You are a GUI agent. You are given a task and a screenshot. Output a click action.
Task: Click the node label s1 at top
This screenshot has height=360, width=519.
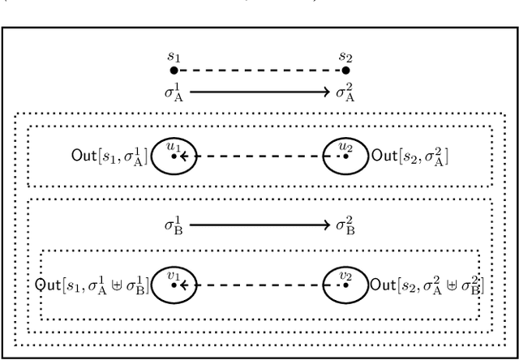pos(173,56)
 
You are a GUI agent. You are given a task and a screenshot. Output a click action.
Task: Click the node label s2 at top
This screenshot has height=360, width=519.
pos(346,56)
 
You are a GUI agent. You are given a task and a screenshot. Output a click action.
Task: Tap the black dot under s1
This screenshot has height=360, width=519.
pos(173,71)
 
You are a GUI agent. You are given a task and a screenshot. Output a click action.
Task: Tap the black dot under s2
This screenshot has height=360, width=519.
pos(346,71)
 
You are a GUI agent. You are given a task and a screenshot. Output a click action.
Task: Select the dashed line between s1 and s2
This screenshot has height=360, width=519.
pos(259,71)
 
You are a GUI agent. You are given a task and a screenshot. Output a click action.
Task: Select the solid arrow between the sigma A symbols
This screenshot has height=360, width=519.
pos(259,92)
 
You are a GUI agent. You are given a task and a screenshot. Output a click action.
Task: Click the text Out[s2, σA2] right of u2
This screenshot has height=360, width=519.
pos(410,155)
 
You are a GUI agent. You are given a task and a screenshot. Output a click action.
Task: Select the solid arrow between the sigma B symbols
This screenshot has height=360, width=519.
pos(259,224)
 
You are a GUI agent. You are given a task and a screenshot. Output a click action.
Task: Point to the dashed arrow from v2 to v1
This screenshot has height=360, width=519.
pos(259,285)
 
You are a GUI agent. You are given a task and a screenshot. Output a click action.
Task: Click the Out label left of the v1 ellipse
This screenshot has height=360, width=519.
pos(92,285)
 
